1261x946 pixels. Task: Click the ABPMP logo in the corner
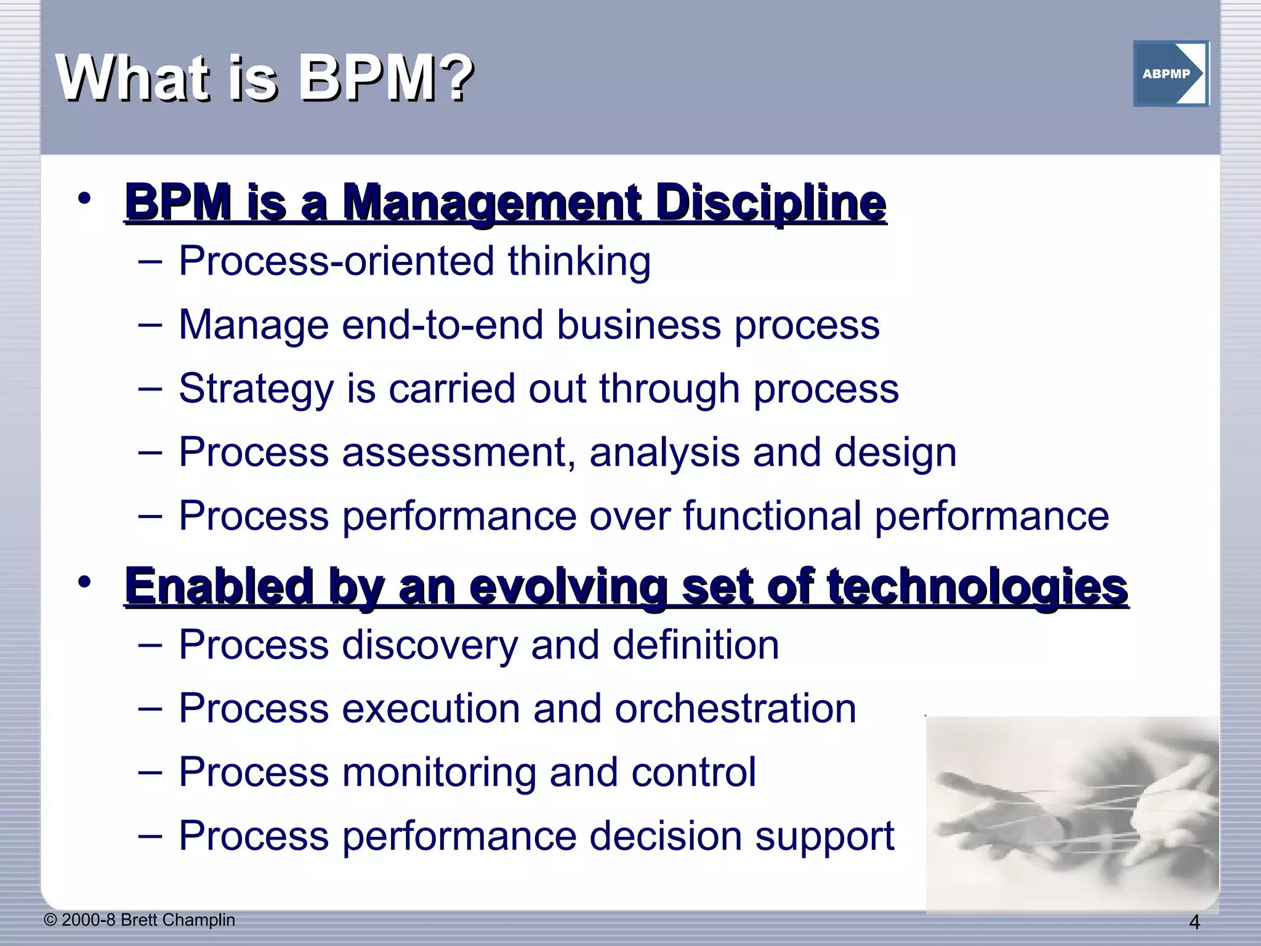pyautogui.click(x=1170, y=74)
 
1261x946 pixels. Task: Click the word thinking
pyautogui.click(x=579, y=262)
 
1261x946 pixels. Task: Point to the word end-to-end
pyautogui.click(x=442, y=325)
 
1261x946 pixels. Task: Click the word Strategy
pyautogui.click(x=256, y=389)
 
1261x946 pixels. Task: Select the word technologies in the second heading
pyautogui.click(x=977, y=586)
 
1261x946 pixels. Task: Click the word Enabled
pyautogui.click(x=219, y=586)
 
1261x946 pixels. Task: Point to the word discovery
pyautogui.click(x=429, y=645)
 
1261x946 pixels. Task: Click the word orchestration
pyautogui.click(x=735, y=709)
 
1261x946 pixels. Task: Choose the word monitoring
pyautogui.click(x=438, y=773)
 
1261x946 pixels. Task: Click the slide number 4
pyautogui.click(x=1194, y=923)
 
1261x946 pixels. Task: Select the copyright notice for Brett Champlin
pyautogui.click(x=140, y=920)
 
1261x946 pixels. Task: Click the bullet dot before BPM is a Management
pyautogui.click(x=84, y=198)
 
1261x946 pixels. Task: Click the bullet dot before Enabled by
pyautogui.click(x=84, y=581)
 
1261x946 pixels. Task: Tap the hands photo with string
pyautogui.click(x=1072, y=813)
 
